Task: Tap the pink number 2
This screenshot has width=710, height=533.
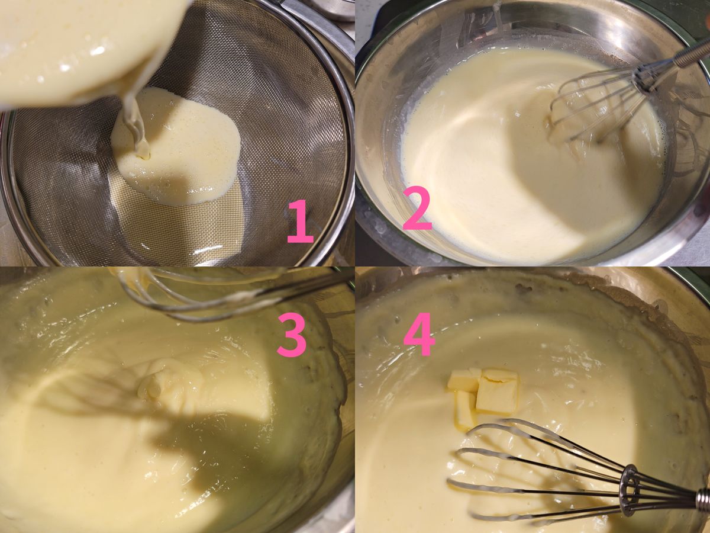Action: (x=417, y=208)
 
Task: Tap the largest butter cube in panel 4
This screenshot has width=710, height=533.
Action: (x=497, y=391)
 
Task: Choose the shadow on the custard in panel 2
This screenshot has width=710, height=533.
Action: (x=576, y=181)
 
